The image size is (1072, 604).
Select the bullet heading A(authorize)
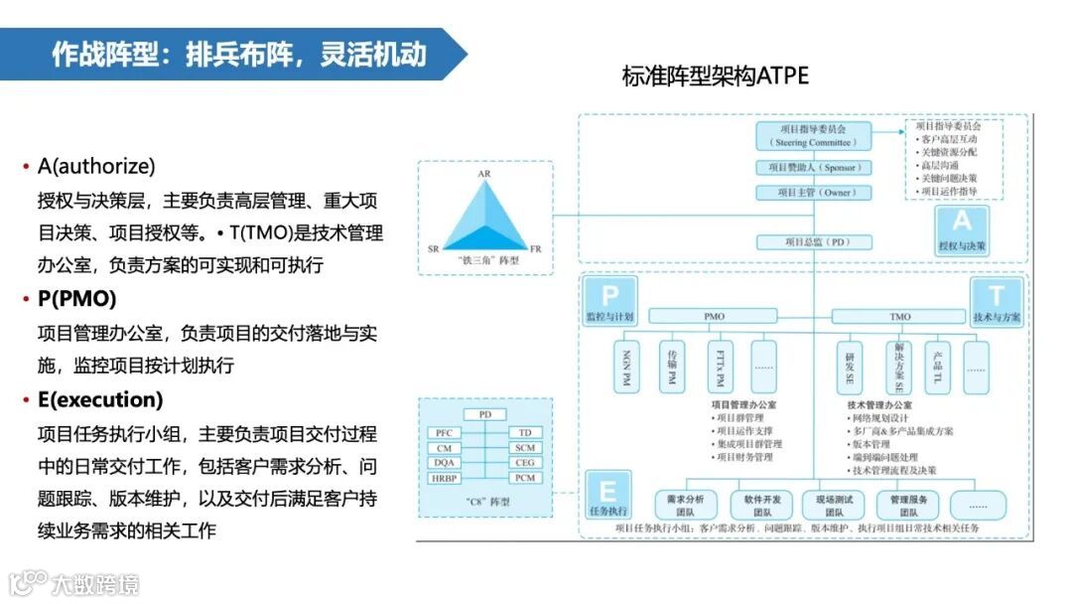coord(96,166)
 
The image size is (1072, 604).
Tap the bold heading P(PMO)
coord(76,298)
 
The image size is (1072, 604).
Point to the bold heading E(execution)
coord(99,399)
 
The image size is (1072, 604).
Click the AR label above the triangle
coord(484,175)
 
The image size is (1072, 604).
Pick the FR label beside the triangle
coord(536,248)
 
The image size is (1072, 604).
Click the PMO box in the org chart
coord(714,317)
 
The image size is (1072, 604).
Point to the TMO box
coord(898,317)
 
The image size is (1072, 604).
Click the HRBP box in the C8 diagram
coord(443,478)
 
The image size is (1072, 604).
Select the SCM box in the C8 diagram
coord(525,448)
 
